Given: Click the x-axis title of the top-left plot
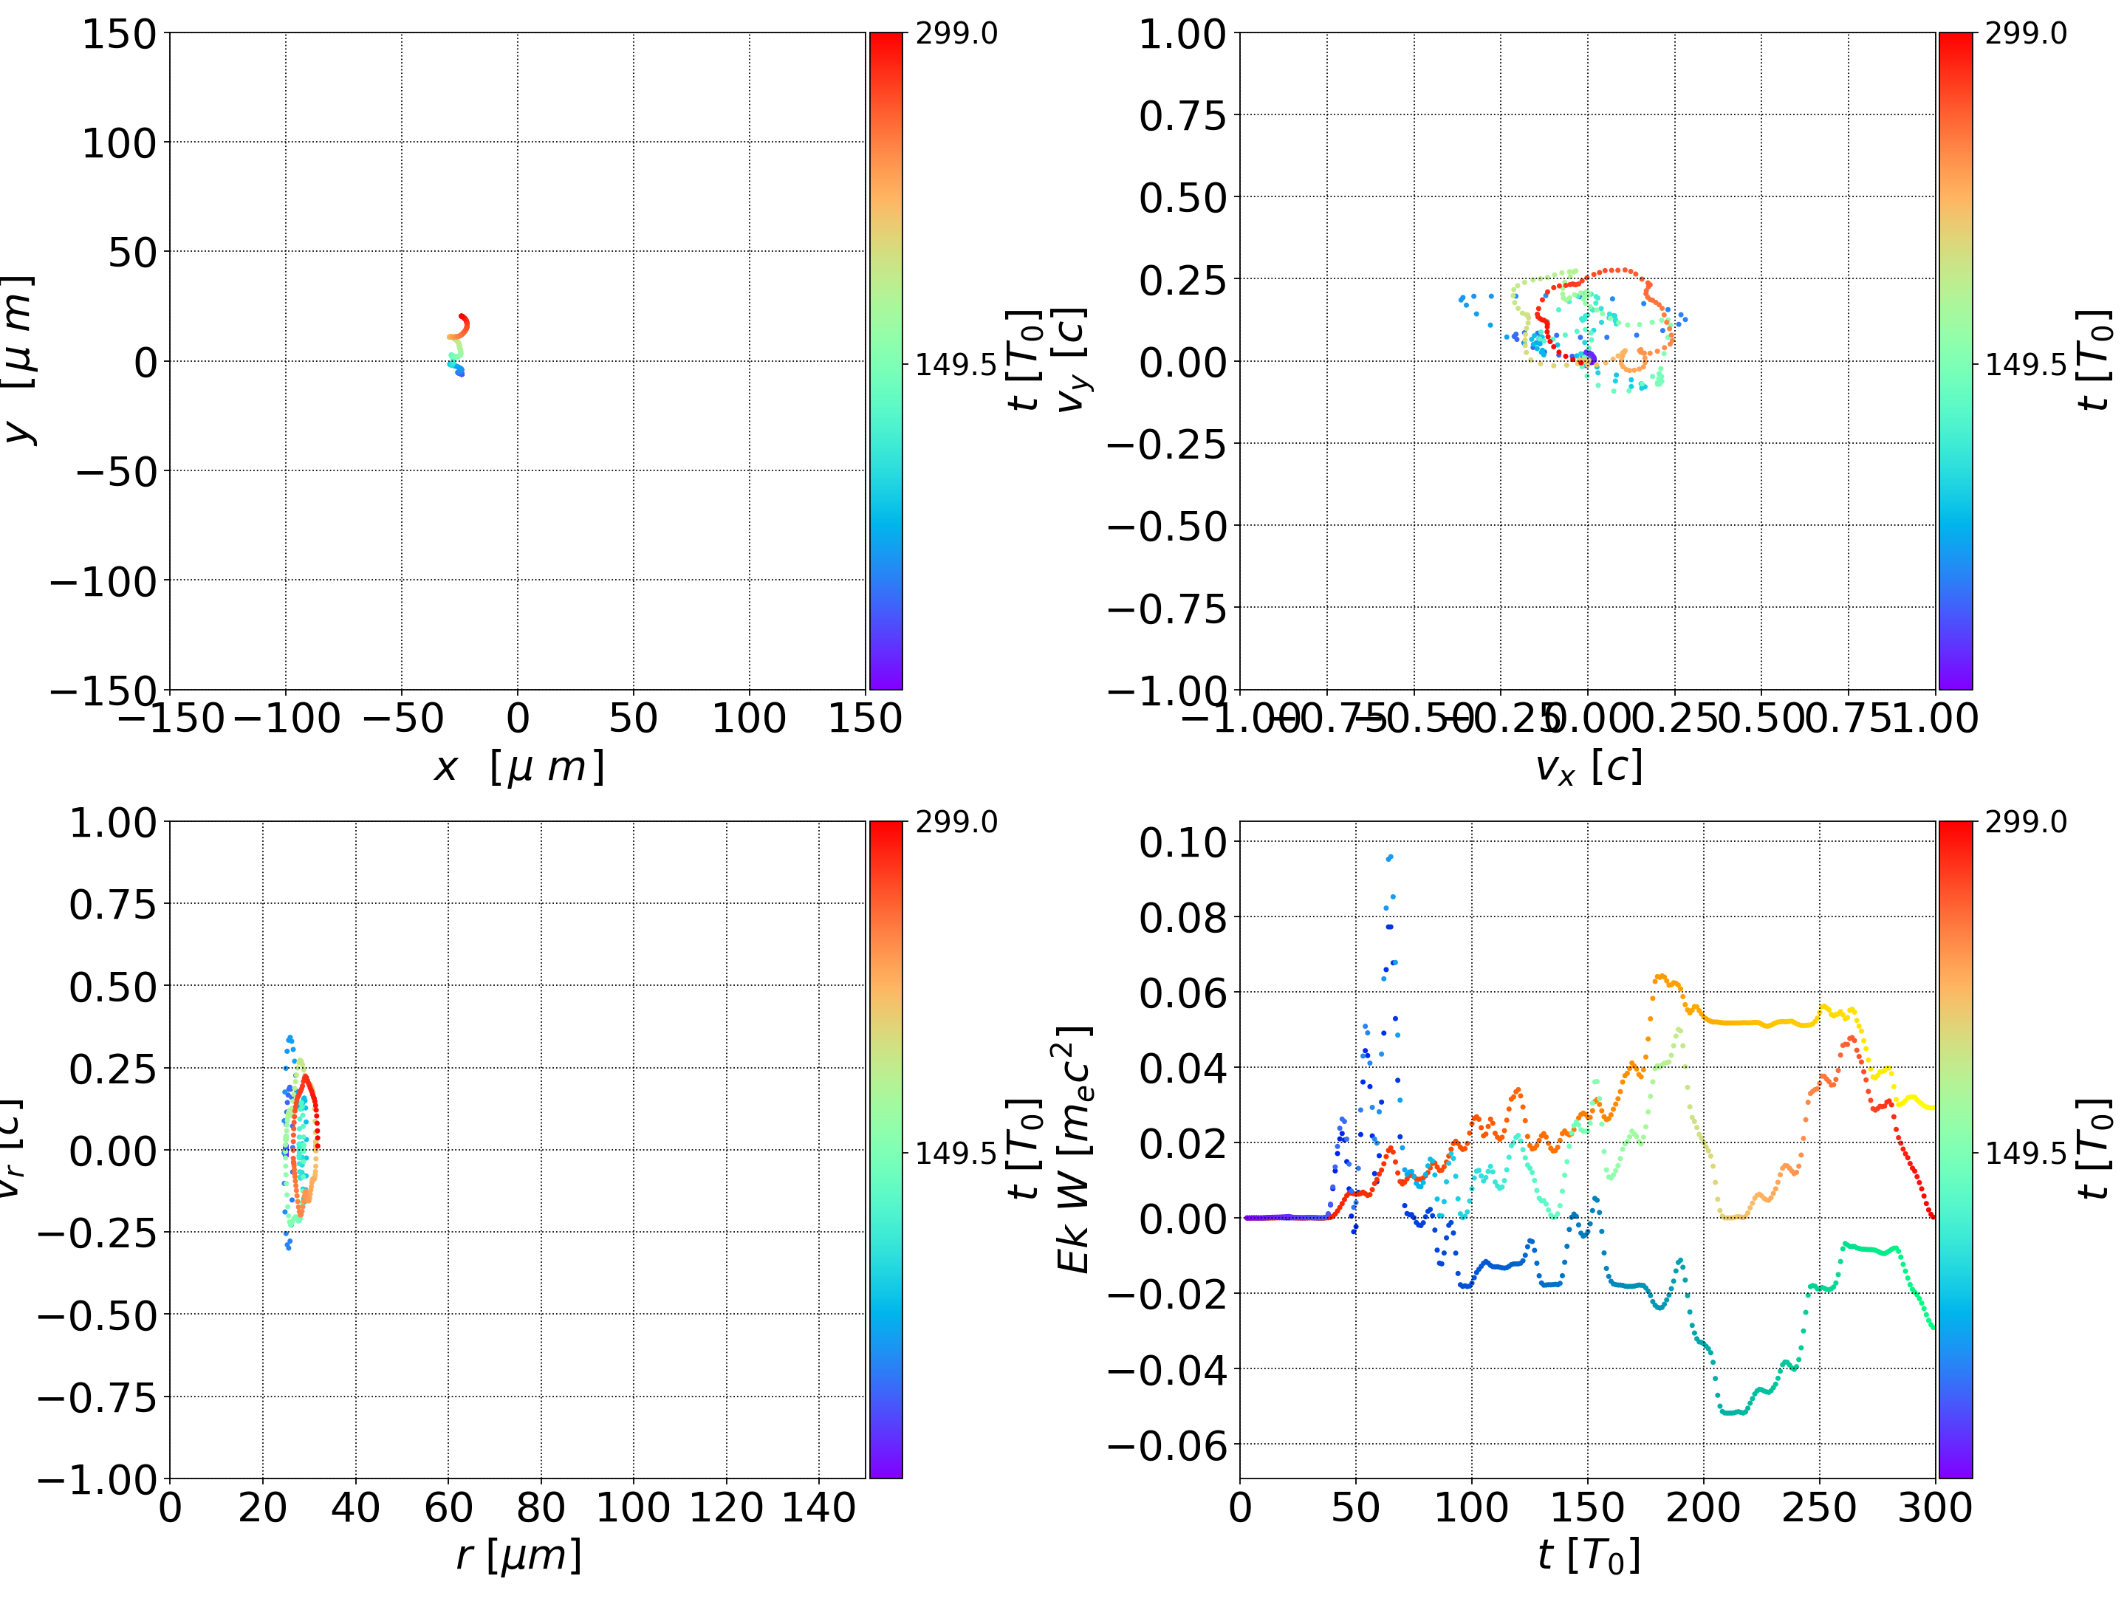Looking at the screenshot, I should tap(518, 767).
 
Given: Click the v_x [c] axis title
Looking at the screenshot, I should tap(1588, 767).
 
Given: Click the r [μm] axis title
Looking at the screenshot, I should tap(518, 1555).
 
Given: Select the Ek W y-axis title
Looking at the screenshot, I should tap(1074, 1149).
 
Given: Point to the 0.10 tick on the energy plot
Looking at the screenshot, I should tap(1184, 843).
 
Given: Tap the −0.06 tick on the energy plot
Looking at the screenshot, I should tap(1168, 1445).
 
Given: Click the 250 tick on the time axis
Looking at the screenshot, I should tap(1819, 1507).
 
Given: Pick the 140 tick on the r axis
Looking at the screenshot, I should tap(818, 1507).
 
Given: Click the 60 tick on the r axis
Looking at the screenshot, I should tap(448, 1507).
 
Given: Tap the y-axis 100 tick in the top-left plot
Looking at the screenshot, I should tap(118, 143).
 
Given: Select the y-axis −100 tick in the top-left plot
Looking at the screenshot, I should tap(103, 582).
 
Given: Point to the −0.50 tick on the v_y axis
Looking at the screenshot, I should tap(1168, 527).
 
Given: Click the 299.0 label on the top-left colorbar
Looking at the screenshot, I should tap(956, 34).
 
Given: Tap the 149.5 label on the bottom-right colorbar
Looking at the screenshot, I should tap(2025, 1151).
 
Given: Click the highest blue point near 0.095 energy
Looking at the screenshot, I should tap(1389, 857).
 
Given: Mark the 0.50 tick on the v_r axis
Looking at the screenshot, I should tap(112, 987).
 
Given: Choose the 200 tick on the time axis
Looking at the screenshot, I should tap(1703, 1507).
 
